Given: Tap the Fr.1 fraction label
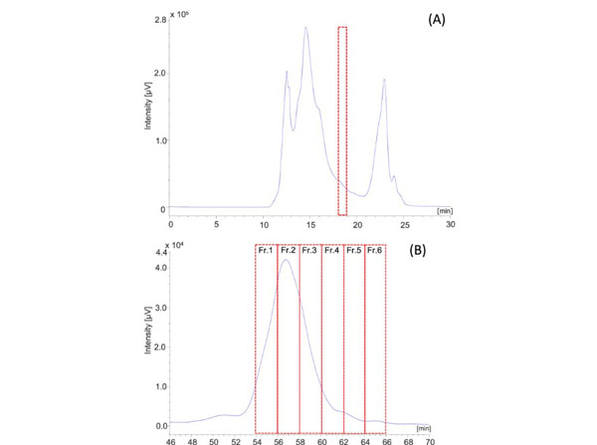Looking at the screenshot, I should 266,250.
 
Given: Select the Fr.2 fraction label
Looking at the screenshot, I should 288,250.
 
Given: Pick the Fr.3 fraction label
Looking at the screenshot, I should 309,250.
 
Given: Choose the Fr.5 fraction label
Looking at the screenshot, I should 353,250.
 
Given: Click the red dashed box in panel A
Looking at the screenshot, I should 342,119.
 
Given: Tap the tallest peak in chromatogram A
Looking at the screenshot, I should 305,28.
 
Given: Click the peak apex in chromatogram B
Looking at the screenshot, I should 286,261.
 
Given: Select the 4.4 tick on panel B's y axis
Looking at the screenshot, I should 156,254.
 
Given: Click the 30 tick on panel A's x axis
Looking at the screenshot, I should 450,224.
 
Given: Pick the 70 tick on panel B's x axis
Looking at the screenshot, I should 430,439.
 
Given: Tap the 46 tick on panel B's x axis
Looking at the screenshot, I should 170,439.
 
